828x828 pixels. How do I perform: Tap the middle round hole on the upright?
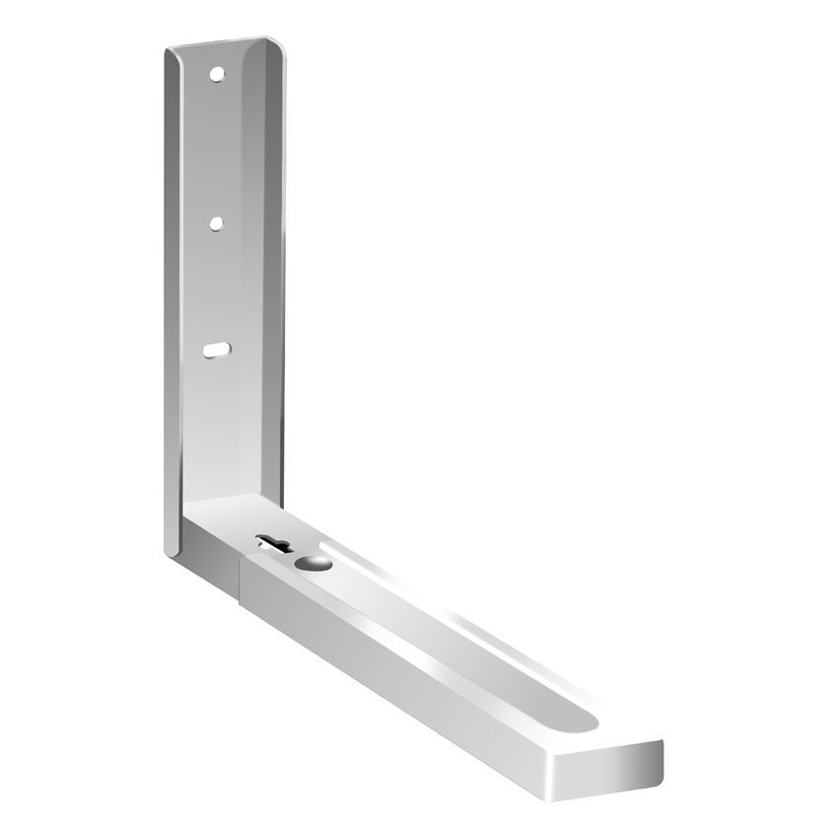(215, 224)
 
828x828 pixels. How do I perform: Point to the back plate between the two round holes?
(216, 148)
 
